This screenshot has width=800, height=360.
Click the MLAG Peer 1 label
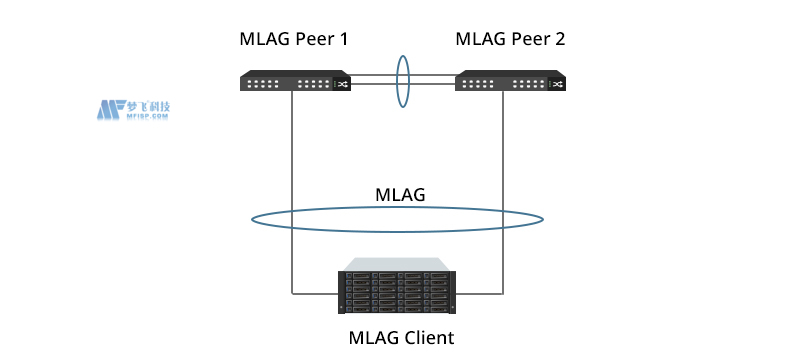[294, 40]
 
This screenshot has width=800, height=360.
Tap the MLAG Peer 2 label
[510, 40]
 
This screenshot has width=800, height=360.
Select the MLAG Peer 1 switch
[294, 82]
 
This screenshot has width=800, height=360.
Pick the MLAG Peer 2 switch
[510, 82]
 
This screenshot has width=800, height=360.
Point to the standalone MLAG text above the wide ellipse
[399, 195]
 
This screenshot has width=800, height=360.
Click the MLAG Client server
[398, 292]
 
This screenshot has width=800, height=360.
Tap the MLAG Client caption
[400, 337]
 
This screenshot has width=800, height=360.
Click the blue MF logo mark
[109, 109]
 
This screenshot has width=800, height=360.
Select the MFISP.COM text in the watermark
[147, 117]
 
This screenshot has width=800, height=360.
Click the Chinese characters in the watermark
[147, 105]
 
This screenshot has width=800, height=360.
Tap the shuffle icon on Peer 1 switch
[342, 84]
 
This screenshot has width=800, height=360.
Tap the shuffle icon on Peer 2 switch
[558, 84]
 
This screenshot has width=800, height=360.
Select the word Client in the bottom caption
[428, 337]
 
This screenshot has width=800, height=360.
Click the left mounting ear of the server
[341, 293]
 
